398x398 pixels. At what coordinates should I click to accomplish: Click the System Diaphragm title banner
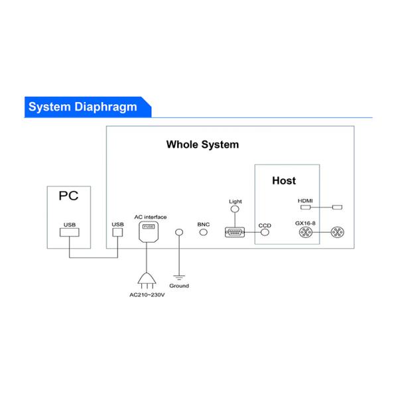click(x=83, y=107)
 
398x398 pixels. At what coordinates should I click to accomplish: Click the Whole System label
click(x=202, y=144)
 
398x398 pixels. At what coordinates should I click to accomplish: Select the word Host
click(x=284, y=180)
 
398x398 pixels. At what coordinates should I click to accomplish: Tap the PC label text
click(x=69, y=196)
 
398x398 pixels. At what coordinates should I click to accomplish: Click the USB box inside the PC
click(x=70, y=233)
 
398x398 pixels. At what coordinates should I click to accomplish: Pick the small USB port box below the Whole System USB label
click(x=117, y=233)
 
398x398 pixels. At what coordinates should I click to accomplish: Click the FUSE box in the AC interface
click(x=148, y=227)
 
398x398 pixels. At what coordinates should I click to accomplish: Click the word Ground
click(x=179, y=286)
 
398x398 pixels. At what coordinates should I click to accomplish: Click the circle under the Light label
click(x=233, y=210)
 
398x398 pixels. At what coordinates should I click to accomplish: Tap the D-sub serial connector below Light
click(x=235, y=232)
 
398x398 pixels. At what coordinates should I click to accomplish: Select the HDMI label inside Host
click(x=304, y=200)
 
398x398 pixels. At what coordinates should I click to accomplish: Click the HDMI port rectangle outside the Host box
click(x=336, y=208)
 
